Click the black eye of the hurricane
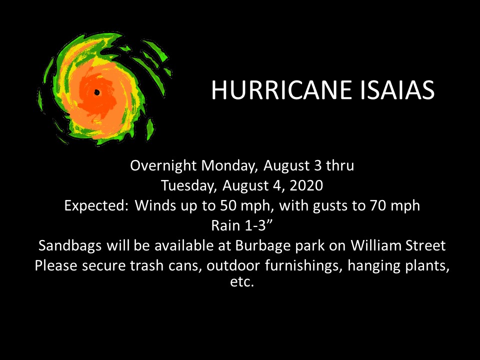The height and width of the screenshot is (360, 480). pos(96,92)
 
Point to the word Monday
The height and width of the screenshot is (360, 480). pos(228,166)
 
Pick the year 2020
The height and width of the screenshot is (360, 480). pos(306,185)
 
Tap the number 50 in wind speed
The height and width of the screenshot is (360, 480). pos(228,205)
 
